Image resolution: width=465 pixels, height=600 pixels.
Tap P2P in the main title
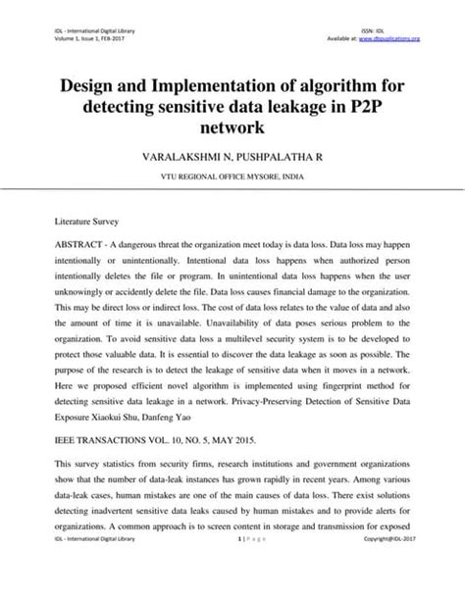[x=387, y=107]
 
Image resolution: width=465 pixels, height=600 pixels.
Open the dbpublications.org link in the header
[x=395, y=39]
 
